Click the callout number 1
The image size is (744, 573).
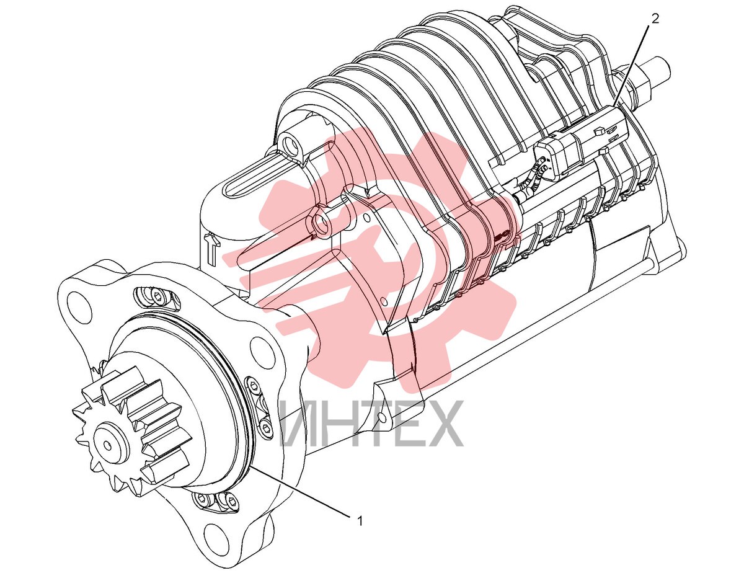tap(359, 522)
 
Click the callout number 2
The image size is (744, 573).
tap(655, 19)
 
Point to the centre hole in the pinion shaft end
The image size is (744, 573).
tap(108, 445)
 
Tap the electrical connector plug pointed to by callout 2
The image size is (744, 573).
tap(582, 143)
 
